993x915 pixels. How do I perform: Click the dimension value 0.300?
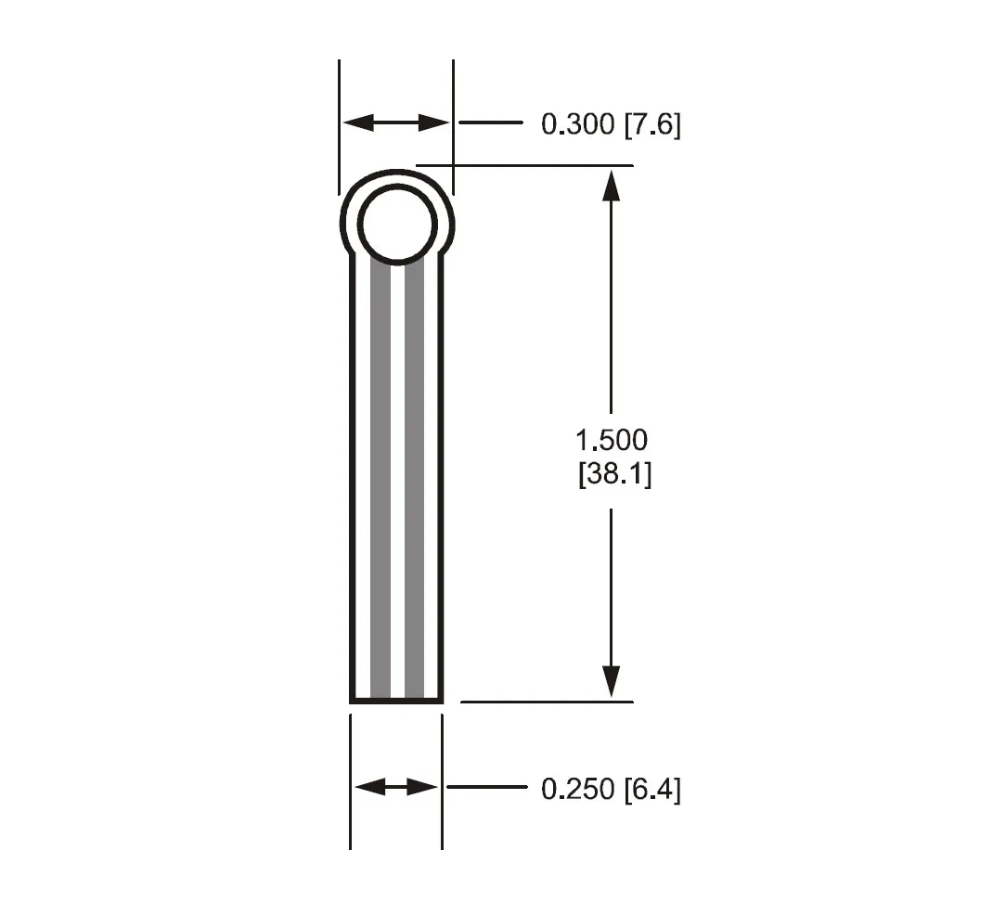[577, 124]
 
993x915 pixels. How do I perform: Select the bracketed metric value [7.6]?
[651, 124]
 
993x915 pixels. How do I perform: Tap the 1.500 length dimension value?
[612, 439]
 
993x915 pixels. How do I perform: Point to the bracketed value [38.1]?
[614, 474]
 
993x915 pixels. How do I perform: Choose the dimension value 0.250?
[577, 789]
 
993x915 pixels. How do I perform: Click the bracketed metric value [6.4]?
[651, 789]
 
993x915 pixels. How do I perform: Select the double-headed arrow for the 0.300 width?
[396, 122]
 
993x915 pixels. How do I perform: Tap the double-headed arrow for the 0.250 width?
[396, 787]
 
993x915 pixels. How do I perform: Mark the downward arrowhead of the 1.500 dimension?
[611, 682]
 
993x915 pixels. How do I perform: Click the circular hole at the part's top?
[397, 224]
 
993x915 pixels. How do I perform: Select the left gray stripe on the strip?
[380, 483]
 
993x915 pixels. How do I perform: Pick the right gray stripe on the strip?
[414, 483]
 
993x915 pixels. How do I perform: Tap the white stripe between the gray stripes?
[397, 483]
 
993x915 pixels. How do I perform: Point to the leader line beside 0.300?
[492, 122]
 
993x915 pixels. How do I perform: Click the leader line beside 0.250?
[486, 787]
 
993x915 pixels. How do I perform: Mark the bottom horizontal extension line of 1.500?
[547, 702]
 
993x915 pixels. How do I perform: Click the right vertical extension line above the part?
[453, 111]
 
